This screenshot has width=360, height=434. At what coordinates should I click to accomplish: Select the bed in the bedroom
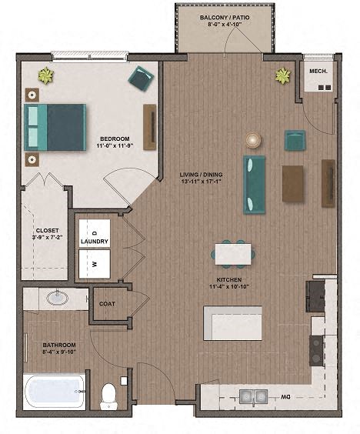pyautogui.click(x=55, y=127)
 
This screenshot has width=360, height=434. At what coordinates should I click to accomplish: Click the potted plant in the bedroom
pyautogui.click(x=46, y=75)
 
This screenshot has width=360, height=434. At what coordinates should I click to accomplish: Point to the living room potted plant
pyautogui.click(x=284, y=75)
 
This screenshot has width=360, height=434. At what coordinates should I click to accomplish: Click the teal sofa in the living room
pyautogui.click(x=255, y=185)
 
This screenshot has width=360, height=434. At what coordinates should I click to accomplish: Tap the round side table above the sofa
pyautogui.click(x=253, y=139)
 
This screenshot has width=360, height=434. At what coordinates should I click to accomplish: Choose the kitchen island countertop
pyautogui.click(x=232, y=322)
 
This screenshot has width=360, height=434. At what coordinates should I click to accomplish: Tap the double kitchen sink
pyautogui.click(x=253, y=396)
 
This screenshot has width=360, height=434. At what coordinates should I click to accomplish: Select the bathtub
pyautogui.click(x=55, y=392)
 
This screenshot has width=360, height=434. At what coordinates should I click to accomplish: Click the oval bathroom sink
pyautogui.click(x=57, y=297)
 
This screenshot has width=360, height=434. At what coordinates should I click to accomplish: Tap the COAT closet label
pyautogui.click(x=107, y=304)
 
